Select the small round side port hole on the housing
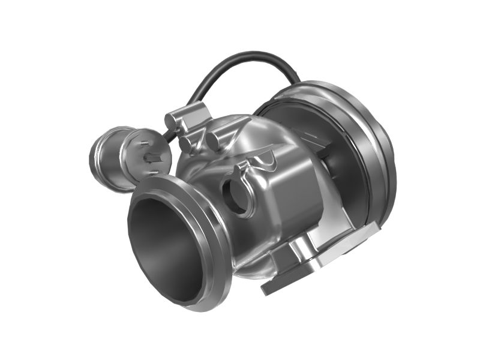[x=235, y=195]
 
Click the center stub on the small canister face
[x=153, y=158]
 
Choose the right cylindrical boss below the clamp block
[x=213, y=142]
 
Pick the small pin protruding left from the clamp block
[x=170, y=120]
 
